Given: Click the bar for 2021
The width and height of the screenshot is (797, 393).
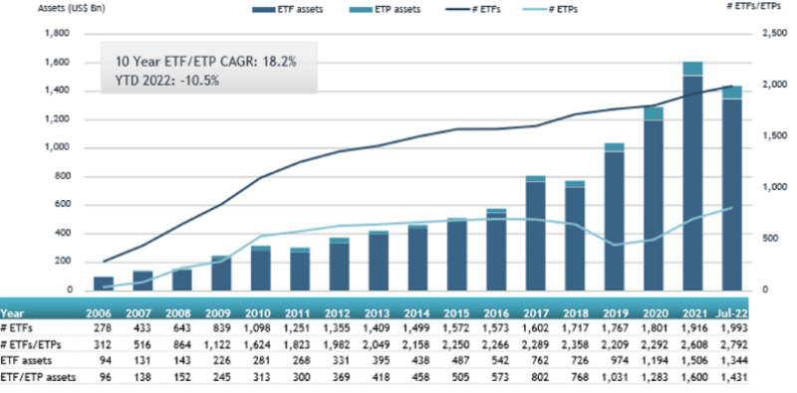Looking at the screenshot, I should (x=692, y=179).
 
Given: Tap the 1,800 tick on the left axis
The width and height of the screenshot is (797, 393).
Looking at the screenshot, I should (x=57, y=34).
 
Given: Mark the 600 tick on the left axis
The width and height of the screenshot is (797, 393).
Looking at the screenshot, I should (x=61, y=205).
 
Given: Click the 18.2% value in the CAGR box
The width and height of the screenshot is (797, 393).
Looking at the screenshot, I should (x=275, y=63).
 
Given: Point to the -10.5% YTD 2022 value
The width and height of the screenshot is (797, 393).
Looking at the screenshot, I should (x=194, y=80).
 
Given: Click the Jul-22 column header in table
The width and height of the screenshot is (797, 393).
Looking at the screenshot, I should (x=733, y=310).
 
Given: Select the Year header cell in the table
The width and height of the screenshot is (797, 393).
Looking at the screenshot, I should (x=18, y=310).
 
